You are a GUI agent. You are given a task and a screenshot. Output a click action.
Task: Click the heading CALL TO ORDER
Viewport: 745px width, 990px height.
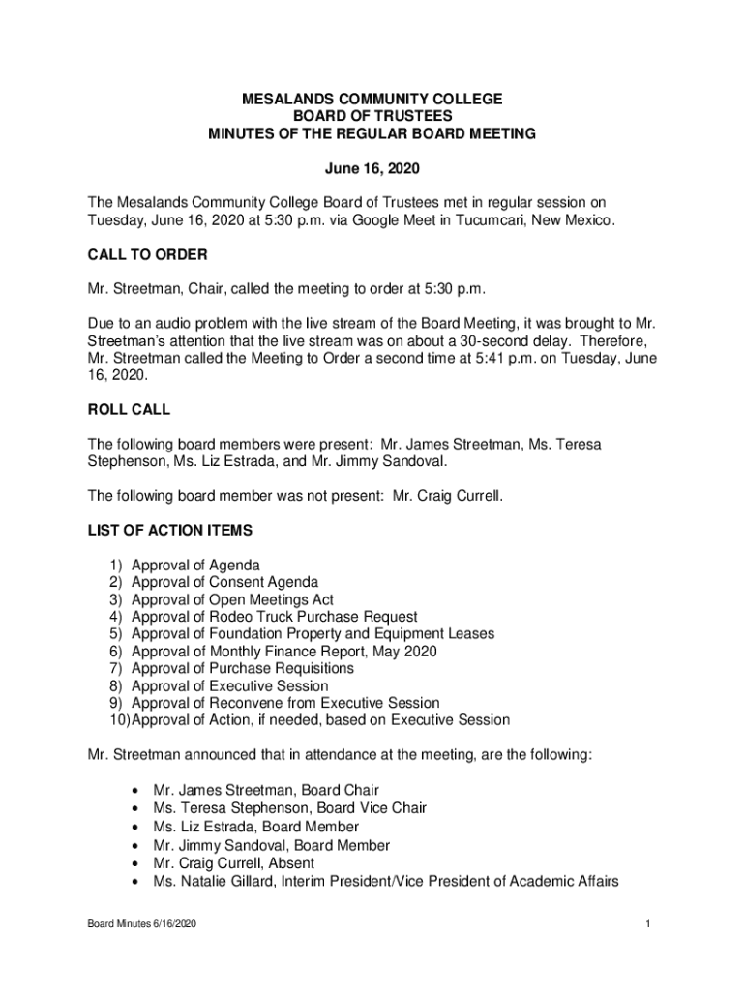tap(148, 254)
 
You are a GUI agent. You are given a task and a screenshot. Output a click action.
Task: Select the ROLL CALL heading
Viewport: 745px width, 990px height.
tap(129, 409)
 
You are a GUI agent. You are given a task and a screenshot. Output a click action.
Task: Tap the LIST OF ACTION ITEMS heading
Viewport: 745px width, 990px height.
tap(169, 530)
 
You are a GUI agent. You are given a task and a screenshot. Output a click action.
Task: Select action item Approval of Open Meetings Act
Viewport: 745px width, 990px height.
tap(232, 599)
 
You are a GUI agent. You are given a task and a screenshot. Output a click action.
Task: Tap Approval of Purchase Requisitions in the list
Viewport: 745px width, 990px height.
tap(242, 668)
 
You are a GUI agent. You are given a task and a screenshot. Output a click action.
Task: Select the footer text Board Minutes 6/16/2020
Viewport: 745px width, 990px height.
tap(142, 925)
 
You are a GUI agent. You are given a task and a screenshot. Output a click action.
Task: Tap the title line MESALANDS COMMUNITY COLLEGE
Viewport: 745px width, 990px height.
tap(372, 99)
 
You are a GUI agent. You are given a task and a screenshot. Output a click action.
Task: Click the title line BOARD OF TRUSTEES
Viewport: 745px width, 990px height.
tap(372, 116)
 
